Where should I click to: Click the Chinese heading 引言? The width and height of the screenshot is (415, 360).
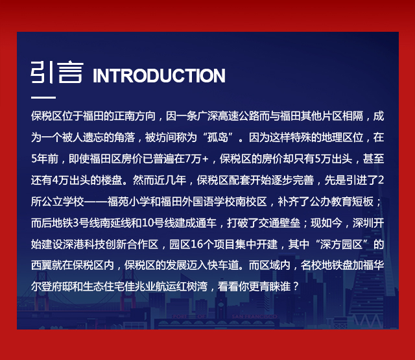[57, 72]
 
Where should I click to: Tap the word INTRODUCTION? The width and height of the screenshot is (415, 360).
[159, 76]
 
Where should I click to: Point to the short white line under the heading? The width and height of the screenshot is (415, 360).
[43, 97]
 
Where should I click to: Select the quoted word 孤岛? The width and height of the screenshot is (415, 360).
[218, 138]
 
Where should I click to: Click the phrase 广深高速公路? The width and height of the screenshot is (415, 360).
[228, 117]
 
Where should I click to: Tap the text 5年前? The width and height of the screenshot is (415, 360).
[45, 159]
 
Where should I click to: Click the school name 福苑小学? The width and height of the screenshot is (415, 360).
[128, 202]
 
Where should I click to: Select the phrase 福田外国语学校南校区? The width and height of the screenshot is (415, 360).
[213, 202]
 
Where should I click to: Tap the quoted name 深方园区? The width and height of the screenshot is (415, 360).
[341, 245]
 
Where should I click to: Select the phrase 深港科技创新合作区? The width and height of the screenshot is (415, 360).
[110, 245]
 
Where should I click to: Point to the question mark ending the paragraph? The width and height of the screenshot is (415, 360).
[296, 287]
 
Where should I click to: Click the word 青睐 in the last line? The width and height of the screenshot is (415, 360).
[270, 287]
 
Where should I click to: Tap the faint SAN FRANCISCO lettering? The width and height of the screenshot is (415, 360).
[255, 317]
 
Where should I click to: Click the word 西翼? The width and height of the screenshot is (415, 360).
[41, 265]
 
